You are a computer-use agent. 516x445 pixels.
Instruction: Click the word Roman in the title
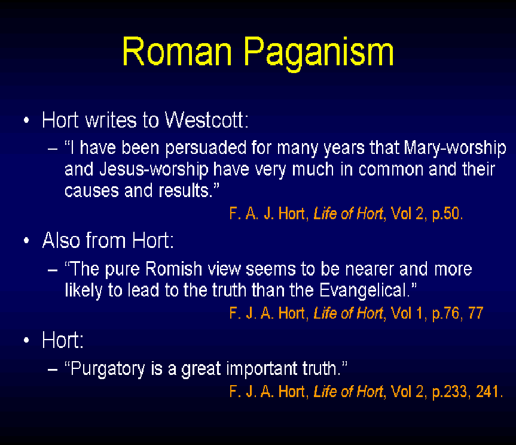177,52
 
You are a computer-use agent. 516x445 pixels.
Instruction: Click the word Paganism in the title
319,53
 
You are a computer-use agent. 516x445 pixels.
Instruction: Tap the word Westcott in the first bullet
206,120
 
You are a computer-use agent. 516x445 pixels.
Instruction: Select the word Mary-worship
455,148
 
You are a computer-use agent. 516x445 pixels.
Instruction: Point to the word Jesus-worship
154,169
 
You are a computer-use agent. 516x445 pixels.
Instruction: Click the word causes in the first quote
91,191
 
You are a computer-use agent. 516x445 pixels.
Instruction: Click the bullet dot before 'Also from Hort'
27,241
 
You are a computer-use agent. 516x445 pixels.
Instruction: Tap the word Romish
173,269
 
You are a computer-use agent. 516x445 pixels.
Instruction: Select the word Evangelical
365,290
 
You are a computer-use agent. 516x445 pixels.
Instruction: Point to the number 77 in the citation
475,313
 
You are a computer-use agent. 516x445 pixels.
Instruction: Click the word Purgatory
108,369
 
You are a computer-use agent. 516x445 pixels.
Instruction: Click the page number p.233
449,392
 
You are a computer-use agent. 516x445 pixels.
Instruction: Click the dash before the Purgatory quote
53,369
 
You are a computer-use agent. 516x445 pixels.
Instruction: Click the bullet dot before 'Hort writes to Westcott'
27,120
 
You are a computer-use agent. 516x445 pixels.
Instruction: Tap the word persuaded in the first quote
206,148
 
